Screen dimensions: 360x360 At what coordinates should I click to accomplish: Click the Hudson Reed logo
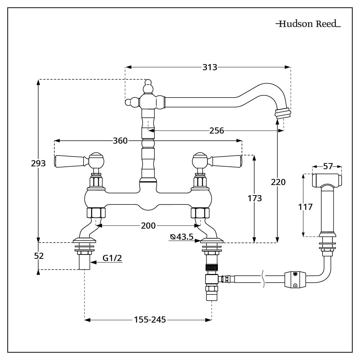point(308,24)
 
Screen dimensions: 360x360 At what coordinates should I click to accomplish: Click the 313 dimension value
point(210,67)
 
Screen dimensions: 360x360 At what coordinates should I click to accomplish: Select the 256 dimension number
point(216,131)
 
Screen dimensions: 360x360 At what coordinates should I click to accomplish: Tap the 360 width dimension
point(120,141)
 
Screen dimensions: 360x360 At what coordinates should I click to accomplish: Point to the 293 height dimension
point(39,163)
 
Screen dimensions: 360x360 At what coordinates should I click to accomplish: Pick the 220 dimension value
point(278,182)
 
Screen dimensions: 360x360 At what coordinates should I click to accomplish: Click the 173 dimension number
point(255,198)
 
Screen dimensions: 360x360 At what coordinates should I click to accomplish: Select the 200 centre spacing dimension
point(148,226)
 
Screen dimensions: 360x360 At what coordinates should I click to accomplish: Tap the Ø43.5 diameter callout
point(182,237)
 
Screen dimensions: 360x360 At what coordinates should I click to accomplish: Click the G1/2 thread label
point(112,258)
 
